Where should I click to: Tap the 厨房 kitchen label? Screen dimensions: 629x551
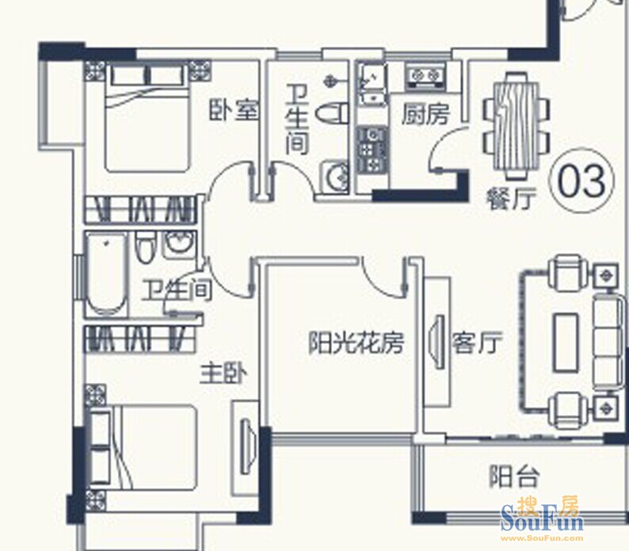(426, 114)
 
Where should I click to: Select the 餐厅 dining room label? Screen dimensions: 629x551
(512, 199)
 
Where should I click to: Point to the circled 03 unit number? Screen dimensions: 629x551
(581, 180)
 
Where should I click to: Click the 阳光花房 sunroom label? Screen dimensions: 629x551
(356, 342)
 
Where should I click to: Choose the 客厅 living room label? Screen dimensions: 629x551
(477, 343)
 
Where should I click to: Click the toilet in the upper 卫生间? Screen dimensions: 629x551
(333, 113)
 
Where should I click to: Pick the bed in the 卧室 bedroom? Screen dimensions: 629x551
(147, 117)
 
